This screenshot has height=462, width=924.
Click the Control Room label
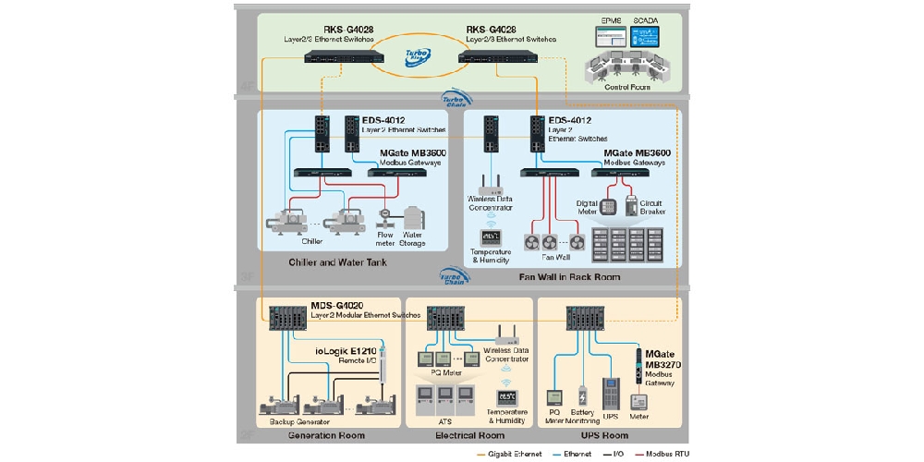(627, 88)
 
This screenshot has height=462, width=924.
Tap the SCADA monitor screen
(646, 37)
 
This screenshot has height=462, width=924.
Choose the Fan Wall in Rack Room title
(571, 277)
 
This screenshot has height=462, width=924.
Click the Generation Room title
(325, 435)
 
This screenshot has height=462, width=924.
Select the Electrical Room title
(468, 435)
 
